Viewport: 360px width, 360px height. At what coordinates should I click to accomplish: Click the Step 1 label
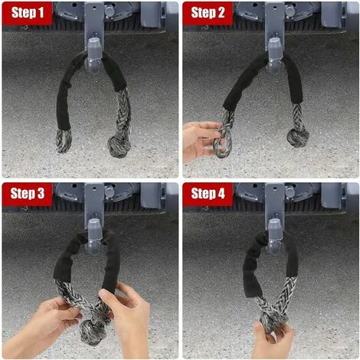[x=28, y=12]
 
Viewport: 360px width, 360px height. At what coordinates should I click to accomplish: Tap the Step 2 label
[x=208, y=12]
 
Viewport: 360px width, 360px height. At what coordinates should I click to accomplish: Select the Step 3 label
[x=28, y=194]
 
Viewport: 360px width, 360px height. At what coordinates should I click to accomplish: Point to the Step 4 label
[x=208, y=194]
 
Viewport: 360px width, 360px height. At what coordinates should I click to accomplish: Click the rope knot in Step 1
[x=119, y=146]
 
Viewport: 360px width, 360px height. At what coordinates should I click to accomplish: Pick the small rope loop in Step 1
[x=64, y=140]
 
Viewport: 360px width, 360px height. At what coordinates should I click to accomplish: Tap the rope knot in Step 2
[x=298, y=137]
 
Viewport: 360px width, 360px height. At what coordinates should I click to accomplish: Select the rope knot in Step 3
[x=93, y=332]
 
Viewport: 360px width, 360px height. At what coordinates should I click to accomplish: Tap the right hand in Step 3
[x=128, y=319]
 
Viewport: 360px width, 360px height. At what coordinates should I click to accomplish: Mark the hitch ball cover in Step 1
[x=94, y=56]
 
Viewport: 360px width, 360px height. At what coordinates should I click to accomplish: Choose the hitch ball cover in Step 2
[x=275, y=56]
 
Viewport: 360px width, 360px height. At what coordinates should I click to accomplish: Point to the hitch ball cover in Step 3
[x=94, y=237]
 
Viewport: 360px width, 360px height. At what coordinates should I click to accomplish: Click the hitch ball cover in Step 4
[x=275, y=237]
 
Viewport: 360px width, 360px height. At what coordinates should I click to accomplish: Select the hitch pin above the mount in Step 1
[x=110, y=11]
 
